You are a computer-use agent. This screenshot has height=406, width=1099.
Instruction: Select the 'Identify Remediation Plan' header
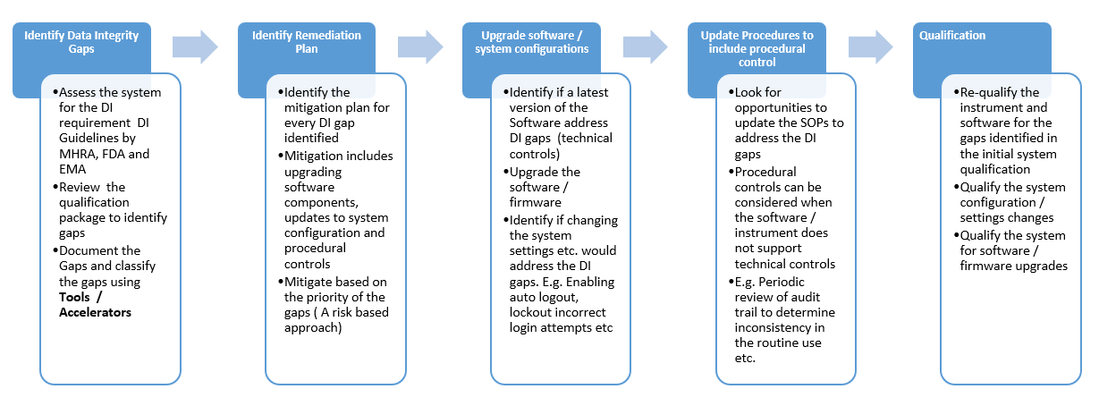307,42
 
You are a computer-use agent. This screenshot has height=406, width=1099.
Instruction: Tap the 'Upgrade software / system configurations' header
531,42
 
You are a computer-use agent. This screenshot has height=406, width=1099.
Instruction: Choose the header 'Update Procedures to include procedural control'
757,49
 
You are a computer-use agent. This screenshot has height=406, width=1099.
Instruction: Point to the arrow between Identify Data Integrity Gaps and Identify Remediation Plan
194,46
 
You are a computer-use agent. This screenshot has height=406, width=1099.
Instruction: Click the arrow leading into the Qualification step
870,46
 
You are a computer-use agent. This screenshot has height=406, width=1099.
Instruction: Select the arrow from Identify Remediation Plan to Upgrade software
419,46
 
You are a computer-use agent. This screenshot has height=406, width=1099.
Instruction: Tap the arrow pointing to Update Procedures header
645,46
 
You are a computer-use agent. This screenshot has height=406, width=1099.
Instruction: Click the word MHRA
78,154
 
